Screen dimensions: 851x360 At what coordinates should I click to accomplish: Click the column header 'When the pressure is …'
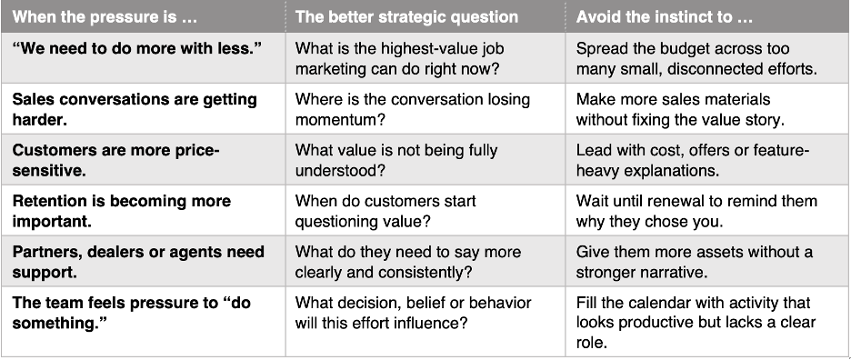(x=105, y=17)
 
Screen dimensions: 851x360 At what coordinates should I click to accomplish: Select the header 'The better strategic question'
(x=406, y=17)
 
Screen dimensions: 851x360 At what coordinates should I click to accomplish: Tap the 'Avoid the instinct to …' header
(x=665, y=17)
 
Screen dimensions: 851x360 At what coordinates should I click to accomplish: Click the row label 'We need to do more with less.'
(x=136, y=48)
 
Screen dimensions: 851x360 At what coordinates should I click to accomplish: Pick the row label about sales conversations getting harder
(x=135, y=109)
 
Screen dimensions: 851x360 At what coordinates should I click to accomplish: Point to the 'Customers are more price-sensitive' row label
(x=115, y=160)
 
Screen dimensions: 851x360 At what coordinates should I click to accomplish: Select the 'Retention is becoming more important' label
(x=122, y=211)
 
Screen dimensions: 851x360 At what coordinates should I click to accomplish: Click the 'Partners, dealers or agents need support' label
(x=138, y=262)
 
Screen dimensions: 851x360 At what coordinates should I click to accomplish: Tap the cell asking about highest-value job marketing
(x=399, y=59)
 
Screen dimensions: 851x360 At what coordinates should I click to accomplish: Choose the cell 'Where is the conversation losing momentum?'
(x=413, y=109)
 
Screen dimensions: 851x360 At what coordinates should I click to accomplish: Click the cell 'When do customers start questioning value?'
(x=385, y=211)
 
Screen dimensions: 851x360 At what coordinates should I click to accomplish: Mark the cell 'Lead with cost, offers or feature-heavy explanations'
(x=693, y=160)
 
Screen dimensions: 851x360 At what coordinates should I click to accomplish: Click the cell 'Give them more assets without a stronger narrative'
(x=695, y=262)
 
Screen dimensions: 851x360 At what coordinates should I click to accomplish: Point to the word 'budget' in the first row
(x=673, y=49)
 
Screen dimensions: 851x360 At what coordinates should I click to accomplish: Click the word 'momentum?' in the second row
(x=340, y=119)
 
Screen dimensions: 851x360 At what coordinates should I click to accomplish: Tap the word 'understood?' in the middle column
(x=340, y=171)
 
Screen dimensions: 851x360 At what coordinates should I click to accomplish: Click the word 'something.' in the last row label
(x=60, y=324)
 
